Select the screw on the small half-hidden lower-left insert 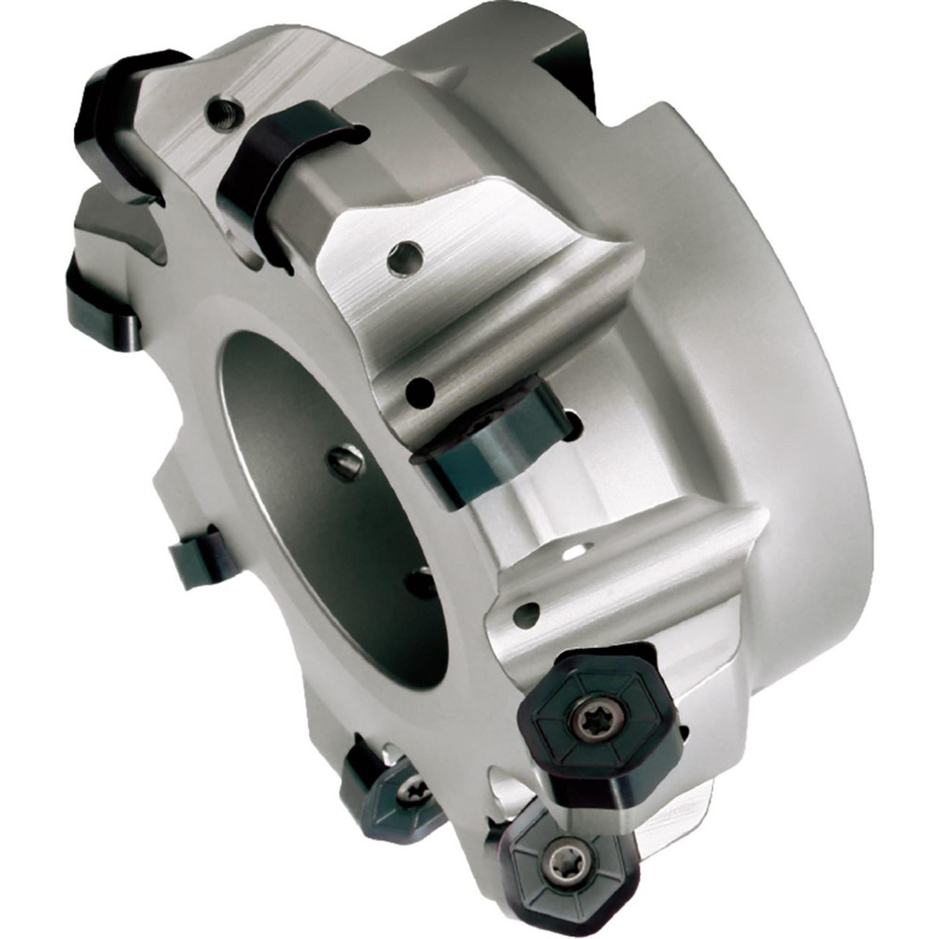(x=410, y=792)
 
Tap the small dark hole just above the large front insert (x=527, y=614)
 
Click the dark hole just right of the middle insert (x=575, y=424)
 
